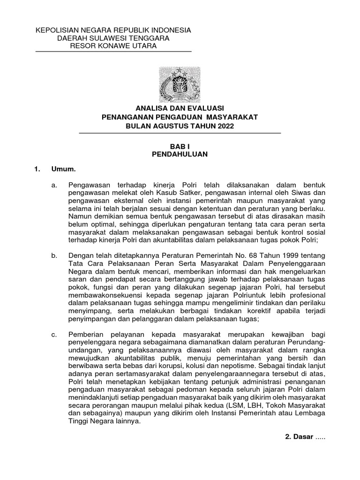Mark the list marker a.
click(54, 185)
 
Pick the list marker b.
click(54, 255)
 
